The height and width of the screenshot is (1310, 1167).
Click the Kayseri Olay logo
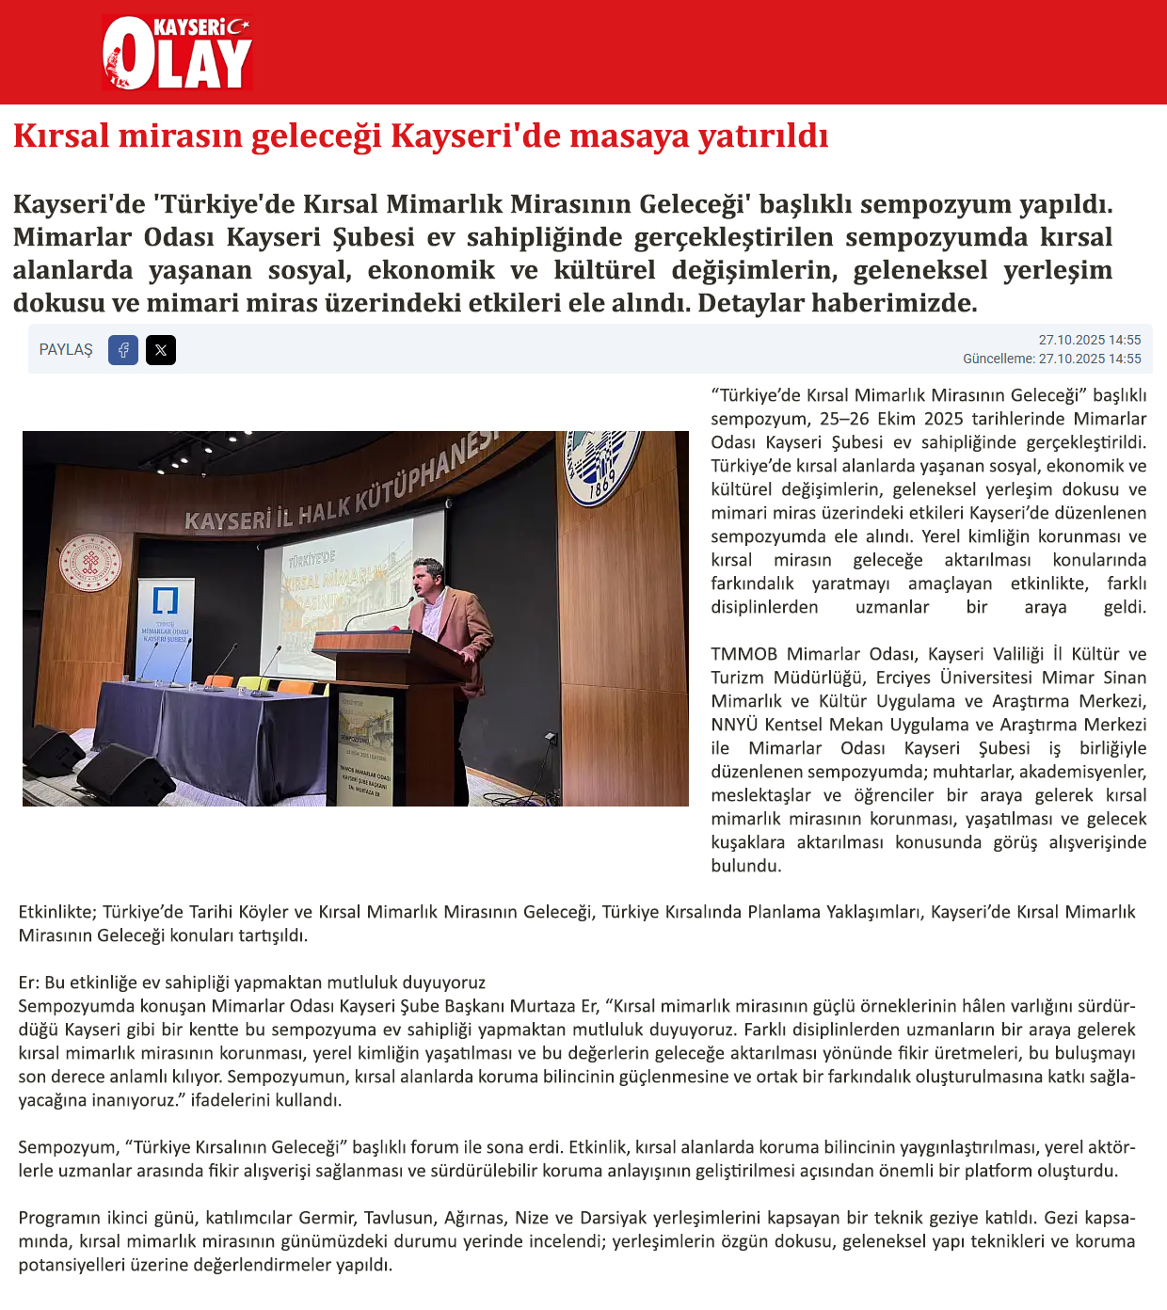tap(177, 53)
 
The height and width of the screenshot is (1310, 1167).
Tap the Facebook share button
tap(123, 350)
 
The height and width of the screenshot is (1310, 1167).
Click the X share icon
tap(161, 350)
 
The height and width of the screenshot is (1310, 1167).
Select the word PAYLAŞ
tap(66, 350)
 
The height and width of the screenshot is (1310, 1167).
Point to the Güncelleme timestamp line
tap(1051, 359)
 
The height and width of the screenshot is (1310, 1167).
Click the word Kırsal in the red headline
tap(62, 136)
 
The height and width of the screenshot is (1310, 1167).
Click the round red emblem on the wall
tap(90, 562)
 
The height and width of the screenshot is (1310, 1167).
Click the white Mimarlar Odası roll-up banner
tap(166, 626)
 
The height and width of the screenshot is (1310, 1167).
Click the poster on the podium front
tap(365, 748)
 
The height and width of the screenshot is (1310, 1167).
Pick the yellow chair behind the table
tap(252, 682)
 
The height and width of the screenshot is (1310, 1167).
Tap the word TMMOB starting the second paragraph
tap(743, 654)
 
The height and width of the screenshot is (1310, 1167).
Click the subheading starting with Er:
tap(251, 982)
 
